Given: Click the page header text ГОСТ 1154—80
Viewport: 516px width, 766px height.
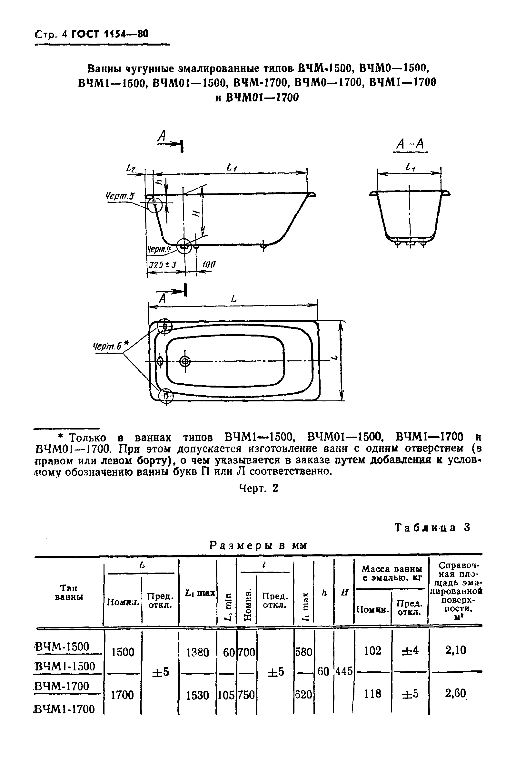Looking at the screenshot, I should [x=110, y=34].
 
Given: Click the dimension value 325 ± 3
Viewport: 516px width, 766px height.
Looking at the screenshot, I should [x=163, y=265].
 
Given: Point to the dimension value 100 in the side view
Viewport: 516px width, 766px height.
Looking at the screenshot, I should [x=209, y=265].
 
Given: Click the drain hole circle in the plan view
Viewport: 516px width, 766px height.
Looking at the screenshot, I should [x=185, y=361].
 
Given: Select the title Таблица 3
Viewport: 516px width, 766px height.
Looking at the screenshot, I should [x=432, y=527].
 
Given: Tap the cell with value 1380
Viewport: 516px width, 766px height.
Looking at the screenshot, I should [x=197, y=652].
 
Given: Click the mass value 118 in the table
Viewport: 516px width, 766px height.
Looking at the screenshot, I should [x=372, y=693].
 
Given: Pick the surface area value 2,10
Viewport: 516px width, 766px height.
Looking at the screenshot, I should [x=456, y=650].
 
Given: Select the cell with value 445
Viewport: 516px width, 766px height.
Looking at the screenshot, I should [x=344, y=671].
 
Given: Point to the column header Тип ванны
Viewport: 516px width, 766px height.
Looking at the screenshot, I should [x=69, y=592].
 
